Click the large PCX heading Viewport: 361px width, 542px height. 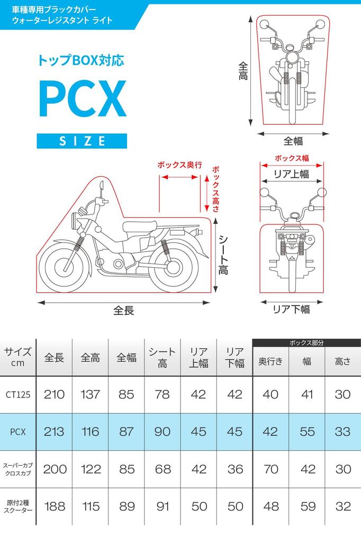click(x=82, y=99)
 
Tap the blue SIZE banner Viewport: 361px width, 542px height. click(x=82, y=141)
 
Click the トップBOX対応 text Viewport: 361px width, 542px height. click(x=81, y=60)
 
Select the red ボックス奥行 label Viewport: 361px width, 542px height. click(x=180, y=165)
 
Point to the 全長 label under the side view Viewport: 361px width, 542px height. click(x=124, y=310)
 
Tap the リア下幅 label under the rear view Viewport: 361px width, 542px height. click(x=291, y=310)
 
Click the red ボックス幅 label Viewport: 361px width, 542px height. click(x=292, y=158)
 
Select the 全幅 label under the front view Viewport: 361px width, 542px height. click(x=293, y=141)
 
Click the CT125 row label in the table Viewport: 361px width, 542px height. click(x=18, y=394)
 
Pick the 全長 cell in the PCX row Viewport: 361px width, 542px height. click(x=54, y=431)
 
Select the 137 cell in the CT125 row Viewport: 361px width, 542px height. click(x=90, y=394)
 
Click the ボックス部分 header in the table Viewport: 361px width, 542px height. click(x=306, y=342)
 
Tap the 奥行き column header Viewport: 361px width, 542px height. click(x=270, y=362)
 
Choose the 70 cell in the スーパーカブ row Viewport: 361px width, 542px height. click(x=270, y=469)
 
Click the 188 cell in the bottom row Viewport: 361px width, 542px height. click(x=54, y=507)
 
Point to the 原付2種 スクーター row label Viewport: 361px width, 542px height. click(x=18, y=507)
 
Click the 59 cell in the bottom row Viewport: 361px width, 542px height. click(x=307, y=507)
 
